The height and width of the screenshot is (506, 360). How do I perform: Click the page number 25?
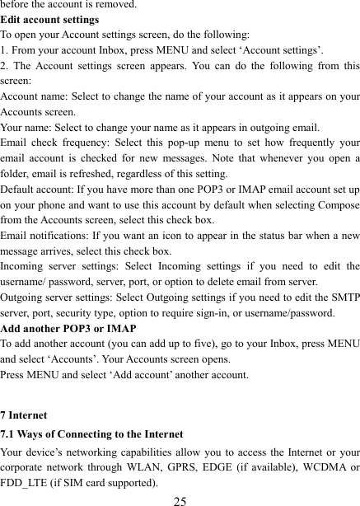(x=180, y=498)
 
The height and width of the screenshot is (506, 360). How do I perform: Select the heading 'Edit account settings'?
(x=50, y=20)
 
